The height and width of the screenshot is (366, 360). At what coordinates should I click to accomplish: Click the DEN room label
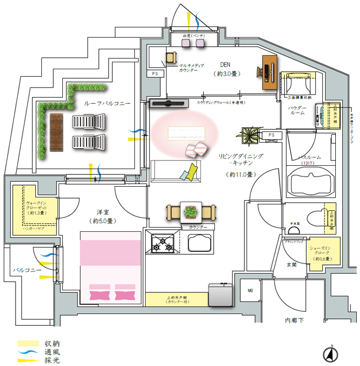[x=225, y=63]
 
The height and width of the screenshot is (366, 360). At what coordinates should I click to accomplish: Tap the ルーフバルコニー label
[x=106, y=102]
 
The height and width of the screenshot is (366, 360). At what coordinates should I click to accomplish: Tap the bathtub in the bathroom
[x=308, y=182]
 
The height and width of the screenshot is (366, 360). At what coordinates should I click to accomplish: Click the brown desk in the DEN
[x=269, y=71]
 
